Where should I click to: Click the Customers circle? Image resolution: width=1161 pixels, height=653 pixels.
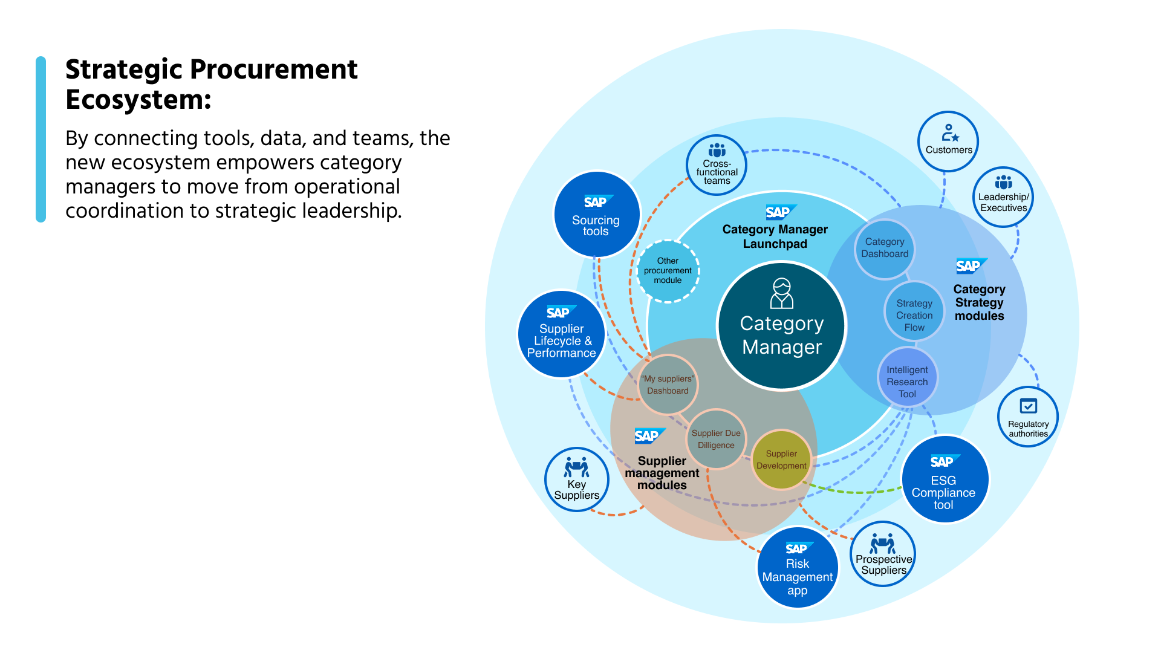point(948,141)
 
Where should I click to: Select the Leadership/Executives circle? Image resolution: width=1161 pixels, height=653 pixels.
point(1003,197)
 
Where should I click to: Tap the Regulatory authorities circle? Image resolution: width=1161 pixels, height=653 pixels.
point(1027,417)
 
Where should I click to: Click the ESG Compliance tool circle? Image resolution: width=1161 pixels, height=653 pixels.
point(944,480)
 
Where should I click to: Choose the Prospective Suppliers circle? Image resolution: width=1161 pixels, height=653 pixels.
point(883,554)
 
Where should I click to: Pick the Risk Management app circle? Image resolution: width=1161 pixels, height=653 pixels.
point(798,568)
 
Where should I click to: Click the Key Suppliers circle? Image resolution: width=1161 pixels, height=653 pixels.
point(576,480)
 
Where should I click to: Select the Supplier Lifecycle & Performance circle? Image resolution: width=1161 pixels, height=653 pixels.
point(561,334)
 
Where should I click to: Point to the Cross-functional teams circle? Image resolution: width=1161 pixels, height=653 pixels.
point(717,165)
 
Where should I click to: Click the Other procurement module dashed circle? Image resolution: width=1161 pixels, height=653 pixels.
point(668,271)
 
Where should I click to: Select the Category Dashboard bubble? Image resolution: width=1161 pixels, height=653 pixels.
point(885,249)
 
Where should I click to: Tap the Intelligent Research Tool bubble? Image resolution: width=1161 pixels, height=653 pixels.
point(907,378)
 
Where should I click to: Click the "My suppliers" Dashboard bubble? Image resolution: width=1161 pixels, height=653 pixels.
point(668,385)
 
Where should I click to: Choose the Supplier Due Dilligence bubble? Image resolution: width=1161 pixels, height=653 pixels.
point(716,439)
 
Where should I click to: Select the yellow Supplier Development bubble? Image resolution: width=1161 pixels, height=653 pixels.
point(781,460)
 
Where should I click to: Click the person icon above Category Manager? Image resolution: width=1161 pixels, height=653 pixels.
point(782,293)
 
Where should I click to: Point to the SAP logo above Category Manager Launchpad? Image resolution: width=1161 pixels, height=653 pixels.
point(779,212)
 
